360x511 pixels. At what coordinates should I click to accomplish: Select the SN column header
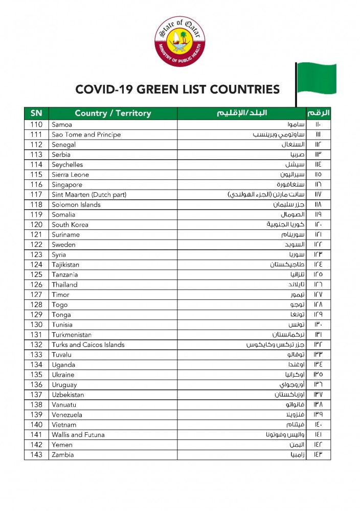(x=36, y=113)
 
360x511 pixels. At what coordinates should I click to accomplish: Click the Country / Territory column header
(x=113, y=113)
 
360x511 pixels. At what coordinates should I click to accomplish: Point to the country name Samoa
(x=62, y=125)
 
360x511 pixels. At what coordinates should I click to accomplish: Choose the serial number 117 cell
(x=36, y=195)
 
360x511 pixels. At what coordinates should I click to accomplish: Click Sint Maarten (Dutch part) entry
(x=89, y=195)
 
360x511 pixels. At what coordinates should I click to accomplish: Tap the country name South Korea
(x=70, y=225)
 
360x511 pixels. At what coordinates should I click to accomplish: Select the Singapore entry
(x=67, y=184)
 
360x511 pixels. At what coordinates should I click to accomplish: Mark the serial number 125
(x=36, y=275)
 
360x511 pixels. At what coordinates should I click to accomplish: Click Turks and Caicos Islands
(x=88, y=345)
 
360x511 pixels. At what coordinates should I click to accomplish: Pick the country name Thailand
(x=64, y=285)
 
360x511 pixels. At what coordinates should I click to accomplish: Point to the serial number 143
(x=36, y=455)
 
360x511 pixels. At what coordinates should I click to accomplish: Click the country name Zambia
(x=63, y=455)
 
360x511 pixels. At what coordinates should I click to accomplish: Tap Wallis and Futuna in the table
(x=78, y=435)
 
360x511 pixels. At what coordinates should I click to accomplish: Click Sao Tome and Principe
(x=86, y=135)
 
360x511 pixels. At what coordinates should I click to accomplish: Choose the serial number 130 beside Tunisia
(x=36, y=325)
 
